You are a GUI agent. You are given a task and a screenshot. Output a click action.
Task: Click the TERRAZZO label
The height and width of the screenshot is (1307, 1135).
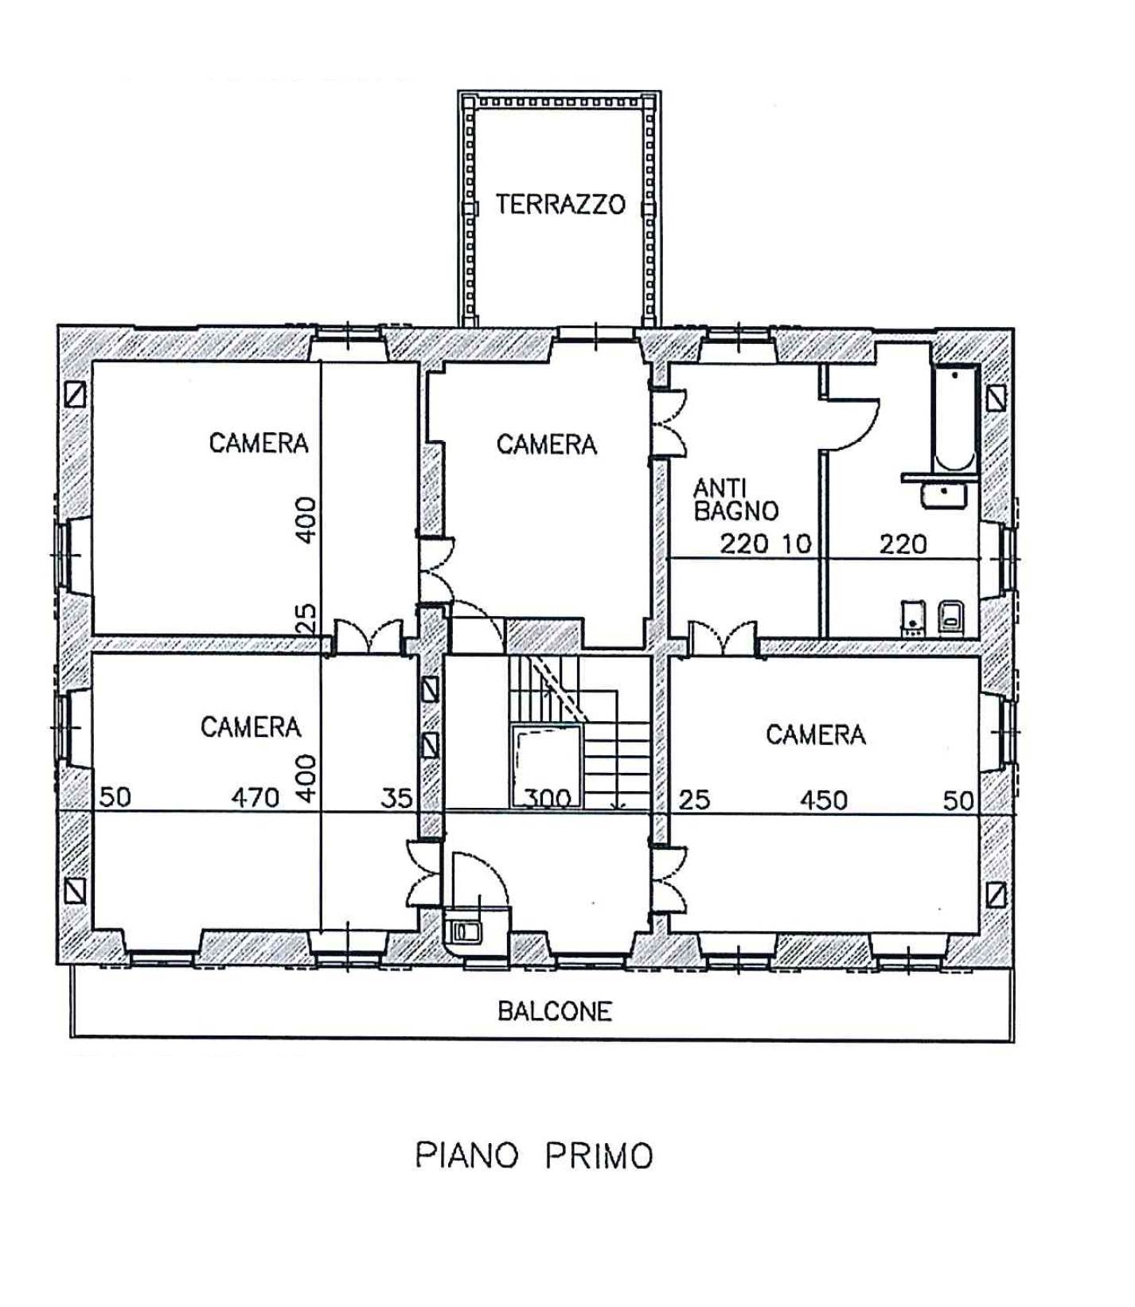pos(560,205)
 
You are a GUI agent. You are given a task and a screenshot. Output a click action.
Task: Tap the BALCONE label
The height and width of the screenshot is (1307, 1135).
pos(555,1011)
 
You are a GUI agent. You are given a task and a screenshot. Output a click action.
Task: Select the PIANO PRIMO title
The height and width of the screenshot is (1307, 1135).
pos(534,1155)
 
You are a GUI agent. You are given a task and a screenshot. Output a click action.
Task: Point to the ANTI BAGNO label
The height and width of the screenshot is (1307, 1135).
pos(735,499)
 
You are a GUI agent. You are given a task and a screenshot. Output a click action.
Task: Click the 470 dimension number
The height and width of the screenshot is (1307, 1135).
pos(255,797)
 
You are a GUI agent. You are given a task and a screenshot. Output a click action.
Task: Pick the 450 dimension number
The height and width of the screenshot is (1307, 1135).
pos(824,799)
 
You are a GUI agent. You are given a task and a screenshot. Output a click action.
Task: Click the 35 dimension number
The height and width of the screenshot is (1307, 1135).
pos(396,798)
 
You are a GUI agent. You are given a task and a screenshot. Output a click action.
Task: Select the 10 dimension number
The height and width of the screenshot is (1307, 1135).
pos(796,544)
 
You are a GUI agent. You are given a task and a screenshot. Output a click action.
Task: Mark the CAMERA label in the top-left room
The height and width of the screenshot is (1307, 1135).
pos(259,443)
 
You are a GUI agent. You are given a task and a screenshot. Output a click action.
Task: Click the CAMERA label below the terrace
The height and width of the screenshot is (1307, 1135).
pos(547,444)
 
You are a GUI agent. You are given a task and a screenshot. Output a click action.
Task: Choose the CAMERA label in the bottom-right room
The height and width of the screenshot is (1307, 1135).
pos(816,734)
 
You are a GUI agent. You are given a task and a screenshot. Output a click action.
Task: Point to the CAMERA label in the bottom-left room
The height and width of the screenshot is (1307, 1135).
pos(251,727)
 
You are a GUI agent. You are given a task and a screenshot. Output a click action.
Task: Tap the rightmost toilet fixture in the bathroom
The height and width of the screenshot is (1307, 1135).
pos(951,617)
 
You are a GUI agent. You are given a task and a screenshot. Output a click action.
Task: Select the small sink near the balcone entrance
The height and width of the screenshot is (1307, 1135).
pos(465,930)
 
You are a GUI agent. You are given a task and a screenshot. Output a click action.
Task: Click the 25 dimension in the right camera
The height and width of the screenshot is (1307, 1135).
pos(693,799)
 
